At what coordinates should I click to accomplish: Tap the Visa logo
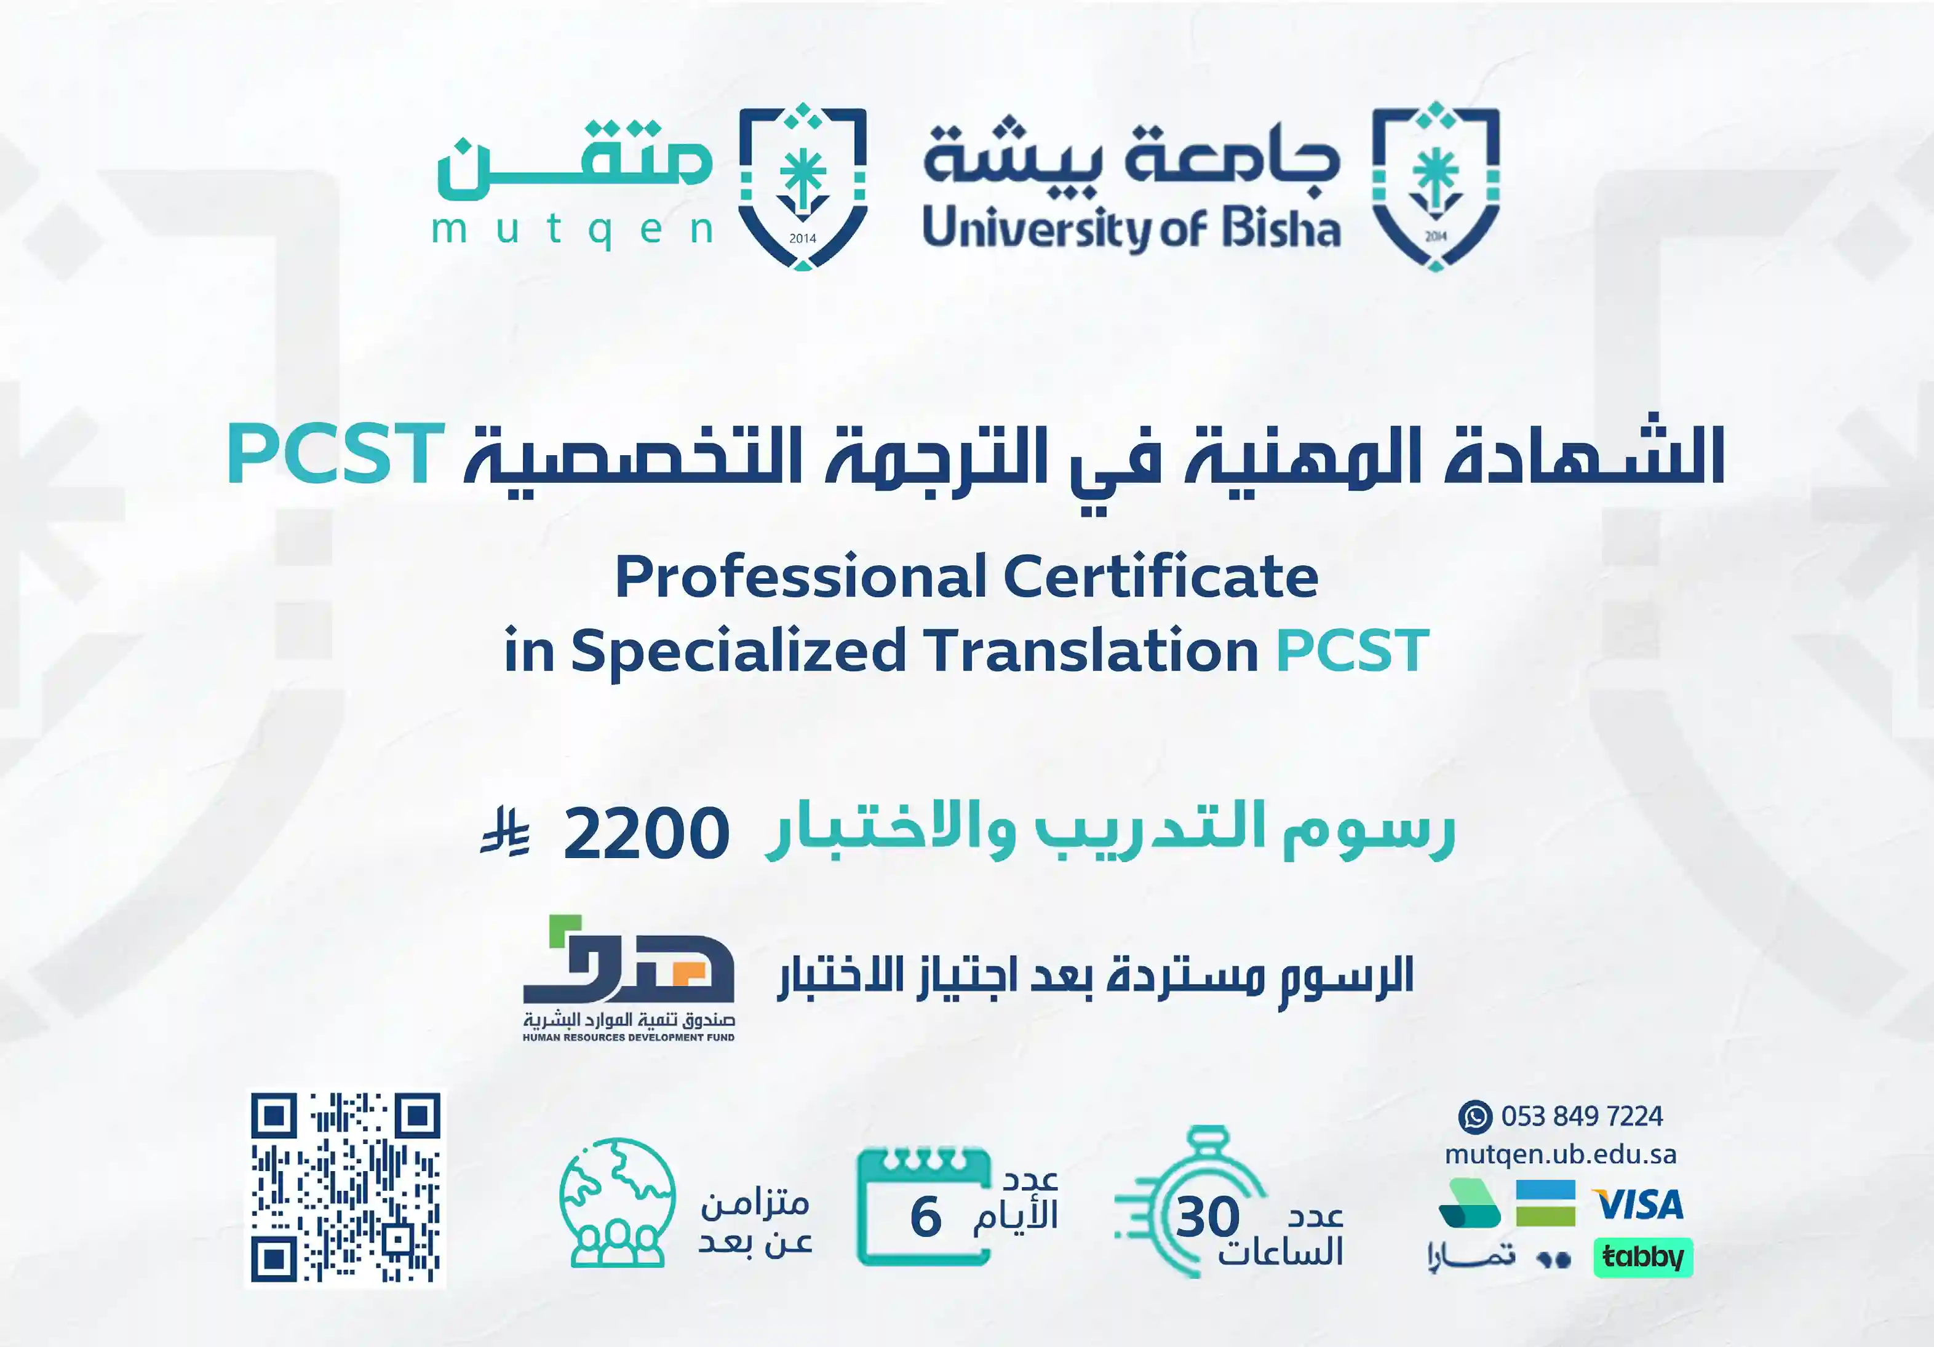pyautogui.click(x=1638, y=1205)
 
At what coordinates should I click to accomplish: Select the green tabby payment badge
pyautogui.click(x=1642, y=1258)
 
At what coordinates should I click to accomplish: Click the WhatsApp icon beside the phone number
pyautogui.click(x=1475, y=1117)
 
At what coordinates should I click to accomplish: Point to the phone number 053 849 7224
pyautogui.click(x=1582, y=1117)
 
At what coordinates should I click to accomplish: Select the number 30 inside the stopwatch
pyautogui.click(x=1208, y=1217)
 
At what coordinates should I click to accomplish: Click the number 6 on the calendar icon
pyautogui.click(x=926, y=1217)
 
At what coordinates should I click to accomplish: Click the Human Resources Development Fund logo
pyautogui.click(x=629, y=979)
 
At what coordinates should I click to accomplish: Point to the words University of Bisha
pyautogui.click(x=1131, y=229)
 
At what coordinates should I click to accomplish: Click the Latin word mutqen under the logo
pyautogui.click(x=573, y=229)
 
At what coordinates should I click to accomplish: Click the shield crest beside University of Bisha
pyautogui.click(x=1436, y=186)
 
